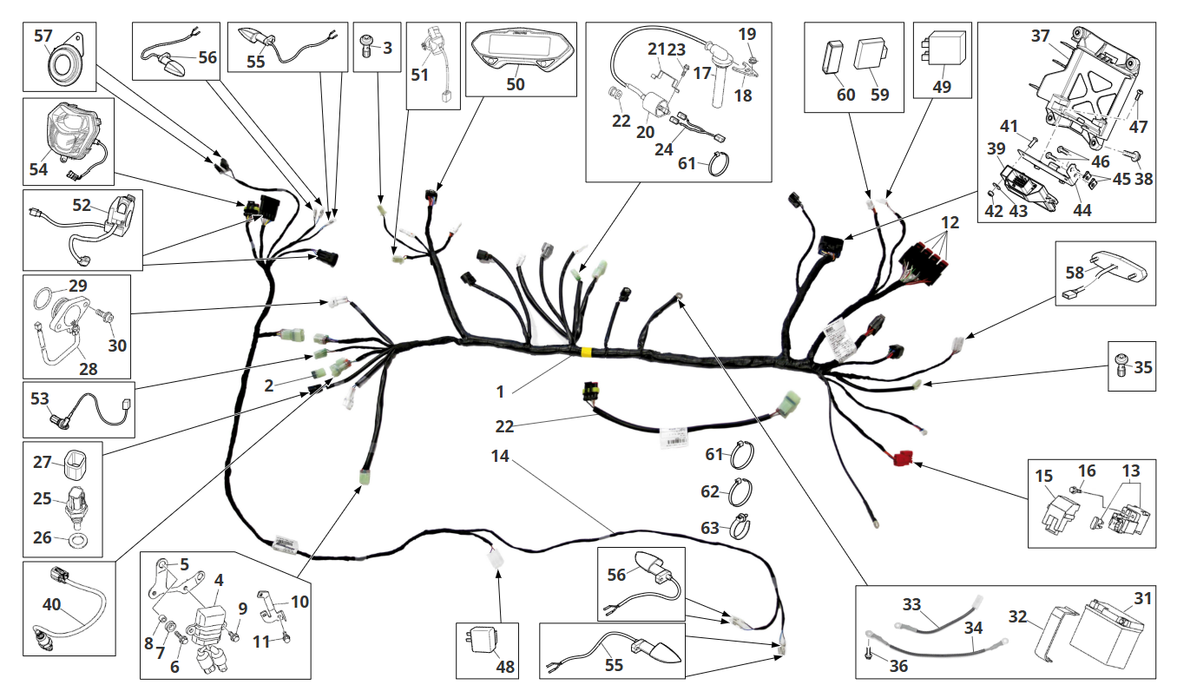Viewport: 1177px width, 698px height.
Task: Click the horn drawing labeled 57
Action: click(x=63, y=66)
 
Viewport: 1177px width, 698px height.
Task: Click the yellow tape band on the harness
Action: click(x=585, y=352)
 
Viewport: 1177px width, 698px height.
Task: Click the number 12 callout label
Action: click(x=950, y=222)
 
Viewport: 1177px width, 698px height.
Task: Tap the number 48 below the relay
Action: click(x=505, y=666)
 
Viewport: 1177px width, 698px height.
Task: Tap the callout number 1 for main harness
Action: click(x=500, y=392)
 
